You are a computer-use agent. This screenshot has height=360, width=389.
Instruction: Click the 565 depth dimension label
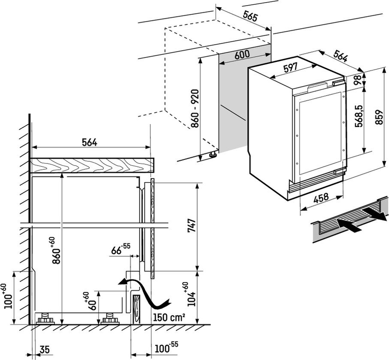(x=251, y=16)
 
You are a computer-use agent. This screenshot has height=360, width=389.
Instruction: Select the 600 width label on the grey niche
(x=242, y=55)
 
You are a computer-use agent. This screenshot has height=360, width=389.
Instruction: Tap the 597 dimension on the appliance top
(x=290, y=67)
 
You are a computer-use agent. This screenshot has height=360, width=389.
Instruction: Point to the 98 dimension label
(x=358, y=80)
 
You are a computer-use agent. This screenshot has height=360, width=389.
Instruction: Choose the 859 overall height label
(x=379, y=117)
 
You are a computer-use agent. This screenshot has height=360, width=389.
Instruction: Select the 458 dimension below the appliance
(x=321, y=198)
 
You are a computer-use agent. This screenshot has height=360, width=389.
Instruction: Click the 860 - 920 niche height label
(x=195, y=109)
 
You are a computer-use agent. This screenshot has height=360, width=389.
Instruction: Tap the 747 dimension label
(x=191, y=225)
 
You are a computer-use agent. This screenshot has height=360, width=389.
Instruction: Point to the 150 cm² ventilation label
(x=169, y=317)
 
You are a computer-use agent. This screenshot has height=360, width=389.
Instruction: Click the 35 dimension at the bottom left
(x=45, y=350)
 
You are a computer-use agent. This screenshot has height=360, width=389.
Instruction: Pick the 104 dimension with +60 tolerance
(x=191, y=295)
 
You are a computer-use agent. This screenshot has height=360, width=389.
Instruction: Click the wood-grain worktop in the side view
(x=92, y=165)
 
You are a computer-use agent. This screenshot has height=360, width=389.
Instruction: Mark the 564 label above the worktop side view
(x=89, y=142)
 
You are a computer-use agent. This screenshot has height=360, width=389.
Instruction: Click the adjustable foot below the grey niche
(x=213, y=154)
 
